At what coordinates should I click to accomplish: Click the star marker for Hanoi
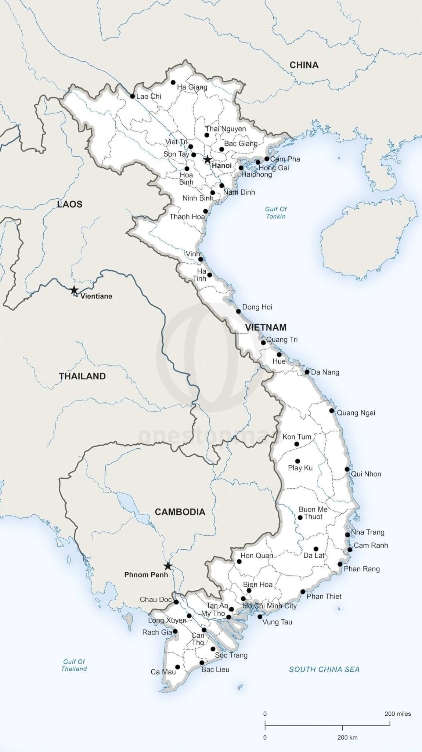tap(208, 159)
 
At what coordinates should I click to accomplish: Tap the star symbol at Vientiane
tap(74, 290)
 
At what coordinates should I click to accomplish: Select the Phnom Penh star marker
tap(168, 566)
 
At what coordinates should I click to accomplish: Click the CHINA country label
tap(304, 65)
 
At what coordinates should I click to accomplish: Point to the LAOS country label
tap(70, 204)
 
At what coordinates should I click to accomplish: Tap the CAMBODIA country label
tap(180, 512)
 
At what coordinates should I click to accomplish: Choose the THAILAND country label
tap(82, 376)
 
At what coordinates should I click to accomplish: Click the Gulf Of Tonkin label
tap(276, 213)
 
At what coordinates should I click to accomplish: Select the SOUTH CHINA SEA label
tap(324, 669)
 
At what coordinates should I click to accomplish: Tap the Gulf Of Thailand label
tap(74, 665)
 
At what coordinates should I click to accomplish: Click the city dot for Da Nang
tap(307, 372)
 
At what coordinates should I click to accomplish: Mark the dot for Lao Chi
tap(132, 96)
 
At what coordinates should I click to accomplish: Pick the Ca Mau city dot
tap(177, 667)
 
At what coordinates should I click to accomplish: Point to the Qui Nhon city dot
tap(347, 469)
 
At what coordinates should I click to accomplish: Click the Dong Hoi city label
tap(257, 307)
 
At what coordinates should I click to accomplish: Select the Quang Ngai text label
tap(356, 413)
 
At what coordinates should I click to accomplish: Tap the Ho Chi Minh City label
tap(270, 606)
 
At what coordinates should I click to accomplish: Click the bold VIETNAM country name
tap(266, 327)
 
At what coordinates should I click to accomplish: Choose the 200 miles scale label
tap(398, 714)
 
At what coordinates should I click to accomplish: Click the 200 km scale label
tap(347, 737)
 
